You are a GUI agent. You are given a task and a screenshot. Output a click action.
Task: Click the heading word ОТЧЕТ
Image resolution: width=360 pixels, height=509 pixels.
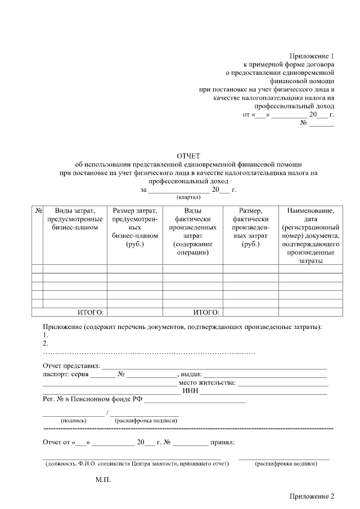coord(188,155)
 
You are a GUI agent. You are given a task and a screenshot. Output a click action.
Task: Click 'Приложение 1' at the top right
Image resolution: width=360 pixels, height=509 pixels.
coord(312,56)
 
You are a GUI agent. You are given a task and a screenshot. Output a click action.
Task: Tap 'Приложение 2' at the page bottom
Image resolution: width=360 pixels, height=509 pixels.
coord(312,497)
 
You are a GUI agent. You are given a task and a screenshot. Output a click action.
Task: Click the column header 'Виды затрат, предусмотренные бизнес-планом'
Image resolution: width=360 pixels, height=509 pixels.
coord(75,219)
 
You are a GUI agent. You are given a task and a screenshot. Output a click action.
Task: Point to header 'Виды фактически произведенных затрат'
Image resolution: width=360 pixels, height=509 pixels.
coord(192,231)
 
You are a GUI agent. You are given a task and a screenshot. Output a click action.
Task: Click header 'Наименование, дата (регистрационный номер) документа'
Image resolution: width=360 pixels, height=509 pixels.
coord(310,236)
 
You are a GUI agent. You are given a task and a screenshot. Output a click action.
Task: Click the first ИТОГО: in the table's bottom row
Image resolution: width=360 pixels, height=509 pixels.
coord(91,312)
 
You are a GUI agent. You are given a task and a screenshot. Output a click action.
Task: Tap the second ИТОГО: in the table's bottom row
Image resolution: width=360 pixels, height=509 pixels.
coord(206,312)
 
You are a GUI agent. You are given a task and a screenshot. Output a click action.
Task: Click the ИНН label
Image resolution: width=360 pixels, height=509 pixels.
coord(190,391)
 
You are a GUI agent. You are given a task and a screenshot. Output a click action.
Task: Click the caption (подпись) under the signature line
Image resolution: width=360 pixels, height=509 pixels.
coord(73,420)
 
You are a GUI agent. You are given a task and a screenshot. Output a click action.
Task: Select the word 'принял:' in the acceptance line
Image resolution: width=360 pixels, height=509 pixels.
coord(222,442)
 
